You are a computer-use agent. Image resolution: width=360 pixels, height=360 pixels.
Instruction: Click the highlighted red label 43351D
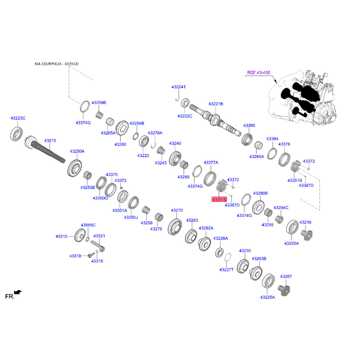click(220, 199)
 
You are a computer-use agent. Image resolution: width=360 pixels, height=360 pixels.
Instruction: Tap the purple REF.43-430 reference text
click(259, 72)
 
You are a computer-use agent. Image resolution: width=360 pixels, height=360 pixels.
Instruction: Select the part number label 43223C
click(18, 118)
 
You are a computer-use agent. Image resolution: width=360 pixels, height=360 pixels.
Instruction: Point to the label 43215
click(49, 141)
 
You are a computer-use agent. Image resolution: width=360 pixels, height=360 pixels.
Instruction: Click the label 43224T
click(178, 87)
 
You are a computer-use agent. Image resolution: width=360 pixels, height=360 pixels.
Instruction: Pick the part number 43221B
click(216, 103)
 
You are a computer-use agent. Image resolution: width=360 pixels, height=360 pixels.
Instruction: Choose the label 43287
click(286, 276)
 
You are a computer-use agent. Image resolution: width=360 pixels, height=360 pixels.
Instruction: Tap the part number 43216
click(306, 222)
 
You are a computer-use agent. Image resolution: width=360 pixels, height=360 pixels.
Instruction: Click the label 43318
click(75, 256)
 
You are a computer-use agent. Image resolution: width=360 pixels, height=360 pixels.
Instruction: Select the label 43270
click(176, 210)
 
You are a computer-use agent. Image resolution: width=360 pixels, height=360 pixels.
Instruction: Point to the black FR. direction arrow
click(18, 292)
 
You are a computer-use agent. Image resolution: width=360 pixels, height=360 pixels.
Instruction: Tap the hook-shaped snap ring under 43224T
click(178, 95)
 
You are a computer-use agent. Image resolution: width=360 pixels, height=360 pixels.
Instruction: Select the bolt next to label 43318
click(94, 255)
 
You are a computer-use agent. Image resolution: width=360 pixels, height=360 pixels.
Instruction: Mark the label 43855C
click(88, 225)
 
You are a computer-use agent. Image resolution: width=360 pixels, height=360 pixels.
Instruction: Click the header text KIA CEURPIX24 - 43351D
click(56, 64)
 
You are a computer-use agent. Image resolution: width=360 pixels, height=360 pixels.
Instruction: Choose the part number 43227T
click(227, 270)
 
